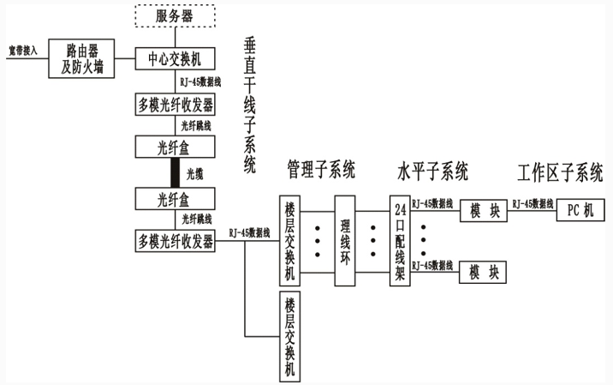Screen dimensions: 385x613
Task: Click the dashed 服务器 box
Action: [x=176, y=16]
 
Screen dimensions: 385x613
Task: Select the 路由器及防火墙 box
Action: [x=80, y=57]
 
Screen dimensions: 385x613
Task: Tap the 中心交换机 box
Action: [x=176, y=59]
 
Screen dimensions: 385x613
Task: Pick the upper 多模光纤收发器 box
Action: [x=176, y=105]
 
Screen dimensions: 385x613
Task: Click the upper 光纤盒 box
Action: [x=175, y=147]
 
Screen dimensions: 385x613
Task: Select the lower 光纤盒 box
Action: [x=175, y=199]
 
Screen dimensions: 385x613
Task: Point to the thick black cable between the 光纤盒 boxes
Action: [x=175, y=173]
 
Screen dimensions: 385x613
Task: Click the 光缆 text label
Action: [x=195, y=174]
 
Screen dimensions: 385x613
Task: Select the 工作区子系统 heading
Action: [x=560, y=171]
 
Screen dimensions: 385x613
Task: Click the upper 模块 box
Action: [x=483, y=210]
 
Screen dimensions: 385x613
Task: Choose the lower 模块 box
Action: [x=483, y=273]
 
